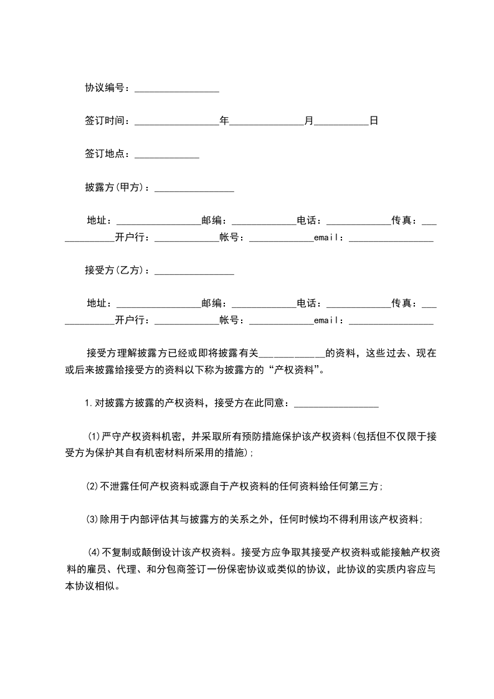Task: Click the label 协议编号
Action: [x=106, y=88]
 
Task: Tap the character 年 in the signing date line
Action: [x=224, y=121]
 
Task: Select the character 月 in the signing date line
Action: [x=309, y=121]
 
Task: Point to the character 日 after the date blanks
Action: [x=374, y=121]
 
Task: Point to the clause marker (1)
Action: [x=93, y=435]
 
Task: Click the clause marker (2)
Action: [x=92, y=486]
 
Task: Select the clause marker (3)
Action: [x=92, y=518]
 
